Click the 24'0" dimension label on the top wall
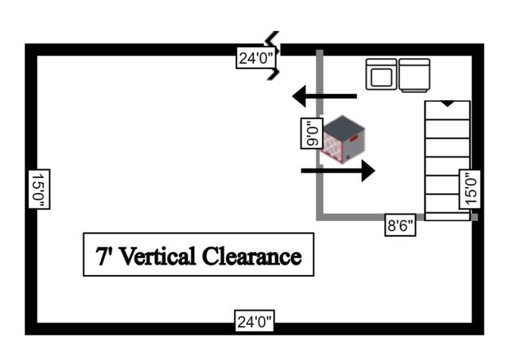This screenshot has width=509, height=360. (x=255, y=57)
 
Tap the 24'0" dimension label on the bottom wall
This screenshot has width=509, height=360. (x=255, y=322)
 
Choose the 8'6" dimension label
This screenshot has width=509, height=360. (x=400, y=225)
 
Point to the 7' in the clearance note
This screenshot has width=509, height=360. (x=103, y=256)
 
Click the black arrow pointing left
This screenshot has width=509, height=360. (x=324, y=96)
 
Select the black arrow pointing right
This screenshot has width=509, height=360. (x=338, y=169)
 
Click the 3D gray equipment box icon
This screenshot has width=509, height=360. (x=341, y=139)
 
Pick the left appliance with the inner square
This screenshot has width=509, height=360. (x=381, y=75)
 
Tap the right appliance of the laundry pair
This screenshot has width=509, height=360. (x=414, y=75)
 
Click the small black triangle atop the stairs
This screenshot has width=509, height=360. (x=448, y=103)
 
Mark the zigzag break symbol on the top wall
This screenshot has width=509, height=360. (x=275, y=56)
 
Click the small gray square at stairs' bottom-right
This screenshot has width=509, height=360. (x=474, y=217)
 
